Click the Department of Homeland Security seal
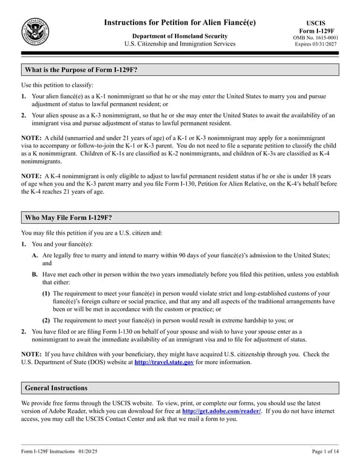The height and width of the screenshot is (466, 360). coord(35,32)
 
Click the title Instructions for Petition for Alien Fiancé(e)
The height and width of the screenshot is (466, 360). coord(180,22)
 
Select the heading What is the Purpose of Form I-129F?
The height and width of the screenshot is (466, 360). coord(81,70)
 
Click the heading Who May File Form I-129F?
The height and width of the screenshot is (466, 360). coord(68,218)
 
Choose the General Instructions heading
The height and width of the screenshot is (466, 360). coord(56,388)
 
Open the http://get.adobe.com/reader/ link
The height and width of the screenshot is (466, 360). coord(218,411)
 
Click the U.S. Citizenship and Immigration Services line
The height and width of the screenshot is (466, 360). coord(180,44)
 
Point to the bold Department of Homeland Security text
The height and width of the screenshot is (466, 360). coord(180,36)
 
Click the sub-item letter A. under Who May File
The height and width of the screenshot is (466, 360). coord(35,257)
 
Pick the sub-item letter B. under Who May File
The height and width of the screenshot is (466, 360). coord(35,275)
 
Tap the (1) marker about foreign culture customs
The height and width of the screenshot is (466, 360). coord(46,294)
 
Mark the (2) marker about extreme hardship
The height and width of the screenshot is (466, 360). coord(46,320)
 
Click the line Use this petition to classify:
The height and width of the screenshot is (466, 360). coord(57,85)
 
